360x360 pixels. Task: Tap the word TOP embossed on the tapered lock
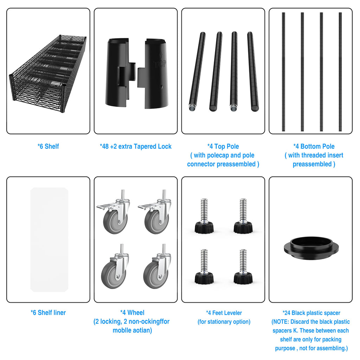tap(160, 64)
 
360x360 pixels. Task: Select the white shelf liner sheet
tap(49, 240)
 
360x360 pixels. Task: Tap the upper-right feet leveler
tap(243, 216)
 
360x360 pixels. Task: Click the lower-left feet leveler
tap(204, 266)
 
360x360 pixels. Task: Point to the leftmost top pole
tap(197, 71)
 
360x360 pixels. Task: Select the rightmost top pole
tap(253, 71)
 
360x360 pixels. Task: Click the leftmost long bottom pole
tap(284, 72)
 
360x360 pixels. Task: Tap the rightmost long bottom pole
tap(340, 72)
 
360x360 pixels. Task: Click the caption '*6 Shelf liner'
tap(48, 313)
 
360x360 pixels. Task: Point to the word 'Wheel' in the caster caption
tap(136, 313)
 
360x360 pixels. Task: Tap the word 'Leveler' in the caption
tap(232, 313)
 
